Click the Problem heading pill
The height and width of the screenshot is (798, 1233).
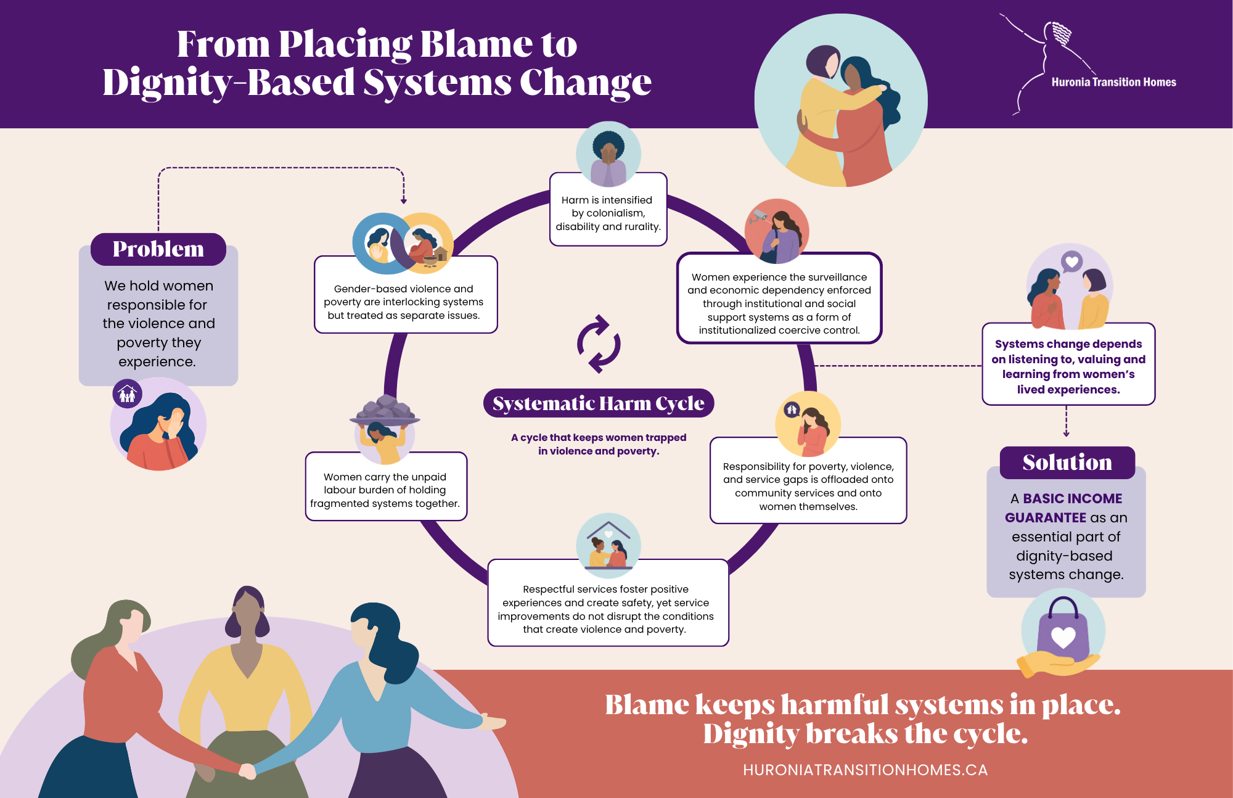click(x=158, y=249)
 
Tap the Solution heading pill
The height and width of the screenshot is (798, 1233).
click(x=1067, y=463)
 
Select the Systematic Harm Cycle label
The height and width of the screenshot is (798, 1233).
click(x=599, y=403)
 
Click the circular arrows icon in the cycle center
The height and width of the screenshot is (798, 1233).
click(x=599, y=344)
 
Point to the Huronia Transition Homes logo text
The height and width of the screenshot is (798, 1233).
click(x=1113, y=82)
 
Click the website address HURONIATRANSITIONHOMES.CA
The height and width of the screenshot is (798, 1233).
click(x=865, y=770)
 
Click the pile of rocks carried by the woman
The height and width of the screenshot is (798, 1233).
click(x=385, y=409)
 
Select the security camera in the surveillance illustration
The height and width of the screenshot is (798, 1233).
click(x=758, y=216)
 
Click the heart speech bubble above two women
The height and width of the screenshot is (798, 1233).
click(x=1072, y=262)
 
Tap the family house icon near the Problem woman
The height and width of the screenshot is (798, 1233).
click(x=128, y=393)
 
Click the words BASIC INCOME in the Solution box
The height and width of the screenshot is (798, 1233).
click(x=1073, y=498)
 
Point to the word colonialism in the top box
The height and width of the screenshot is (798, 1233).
click(x=608, y=213)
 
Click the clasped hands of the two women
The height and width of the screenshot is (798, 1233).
click(x=247, y=771)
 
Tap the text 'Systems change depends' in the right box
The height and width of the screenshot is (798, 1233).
click(x=1068, y=344)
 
